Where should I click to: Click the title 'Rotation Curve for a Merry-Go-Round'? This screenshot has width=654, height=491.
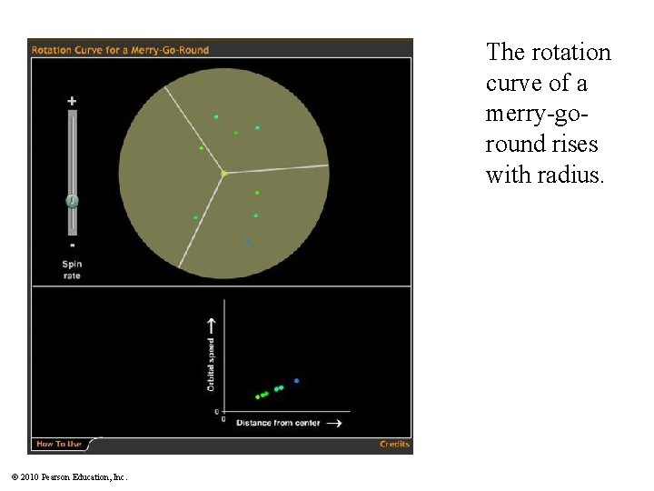tap(120, 50)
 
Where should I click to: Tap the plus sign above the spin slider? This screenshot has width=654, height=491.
tap(72, 101)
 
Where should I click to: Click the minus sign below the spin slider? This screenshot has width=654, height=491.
tap(72, 245)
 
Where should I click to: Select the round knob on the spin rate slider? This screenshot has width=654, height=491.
tap(72, 201)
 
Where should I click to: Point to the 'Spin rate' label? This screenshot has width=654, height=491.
tap(72, 270)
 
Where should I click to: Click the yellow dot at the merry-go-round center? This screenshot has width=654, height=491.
tap(223, 173)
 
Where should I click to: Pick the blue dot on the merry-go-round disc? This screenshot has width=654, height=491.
tap(247, 242)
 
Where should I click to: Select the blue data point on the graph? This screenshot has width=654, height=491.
tap(296, 380)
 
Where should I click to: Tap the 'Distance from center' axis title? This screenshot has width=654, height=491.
tap(278, 423)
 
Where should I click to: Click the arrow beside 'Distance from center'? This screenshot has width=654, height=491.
tap(333, 423)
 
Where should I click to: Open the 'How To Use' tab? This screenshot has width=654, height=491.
tap(58, 445)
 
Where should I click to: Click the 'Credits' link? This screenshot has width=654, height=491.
tap(394, 445)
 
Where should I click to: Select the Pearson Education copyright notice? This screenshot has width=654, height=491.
tap(70, 476)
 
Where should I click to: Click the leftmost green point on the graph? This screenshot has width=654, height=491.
tap(257, 396)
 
